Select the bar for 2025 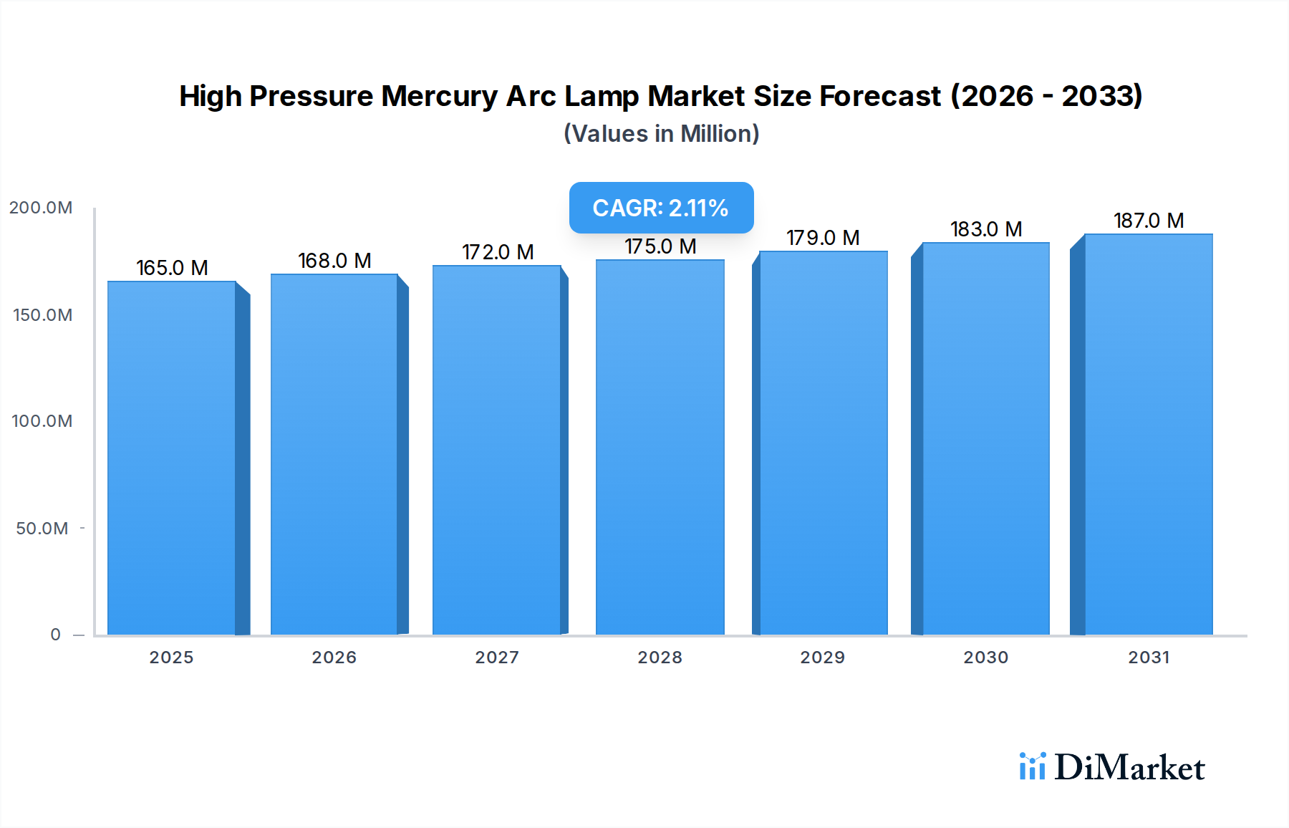pyautogui.click(x=172, y=458)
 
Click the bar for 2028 pyautogui.click(x=660, y=448)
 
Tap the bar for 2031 pyautogui.click(x=1149, y=435)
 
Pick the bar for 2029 pyautogui.click(x=824, y=443)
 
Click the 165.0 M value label pyautogui.click(x=172, y=268)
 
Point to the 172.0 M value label pyautogui.click(x=498, y=252)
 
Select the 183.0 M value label pyautogui.click(x=986, y=229)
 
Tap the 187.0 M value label pyautogui.click(x=1149, y=221)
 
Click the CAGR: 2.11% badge pyautogui.click(x=661, y=208)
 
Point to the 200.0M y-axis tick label pyautogui.click(x=41, y=208)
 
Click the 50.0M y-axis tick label pyautogui.click(x=42, y=529)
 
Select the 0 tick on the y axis pyautogui.click(x=56, y=635)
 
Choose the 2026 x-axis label pyautogui.click(x=334, y=658)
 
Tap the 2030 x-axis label pyautogui.click(x=986, y=658)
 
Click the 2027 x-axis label pyautogui.click(x=497, y=658)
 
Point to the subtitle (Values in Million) pyautogui.click(x=661, y=134)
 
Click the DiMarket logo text pyautogui.click(x=1129, y=768)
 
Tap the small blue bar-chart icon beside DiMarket pyautogui.click(x=1032, y=766)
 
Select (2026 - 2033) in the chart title pyautogui.click(x=1046, y=96)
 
